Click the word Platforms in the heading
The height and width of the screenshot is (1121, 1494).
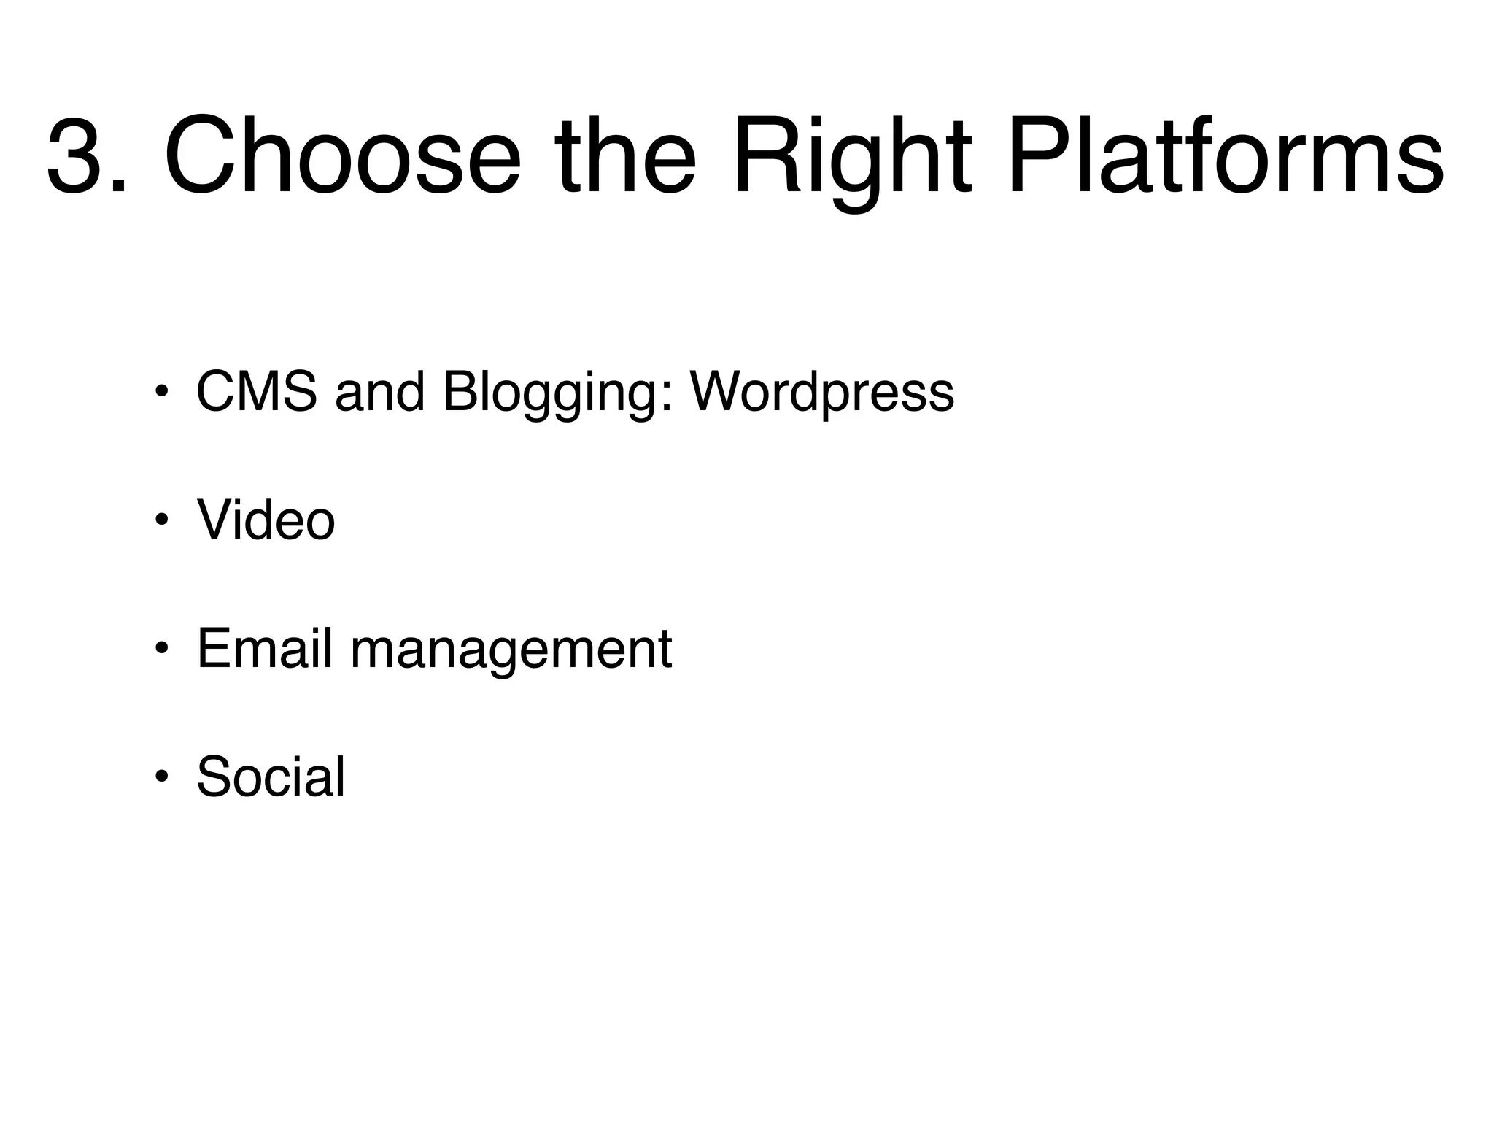1226,155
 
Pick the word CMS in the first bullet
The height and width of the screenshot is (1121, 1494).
257,392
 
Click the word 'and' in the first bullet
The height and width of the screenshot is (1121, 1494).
379,392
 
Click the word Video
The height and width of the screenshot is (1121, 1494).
266,520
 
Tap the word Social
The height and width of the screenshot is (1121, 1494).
271,777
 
